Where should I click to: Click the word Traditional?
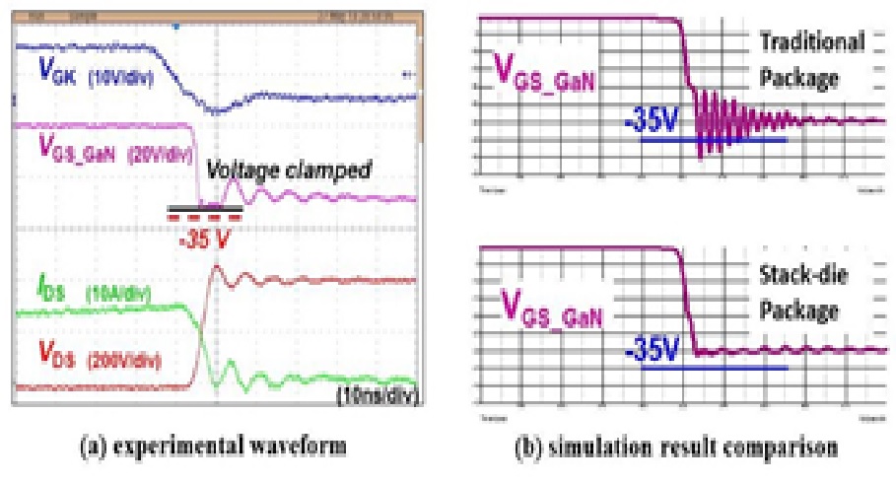[x=810, y=41]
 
